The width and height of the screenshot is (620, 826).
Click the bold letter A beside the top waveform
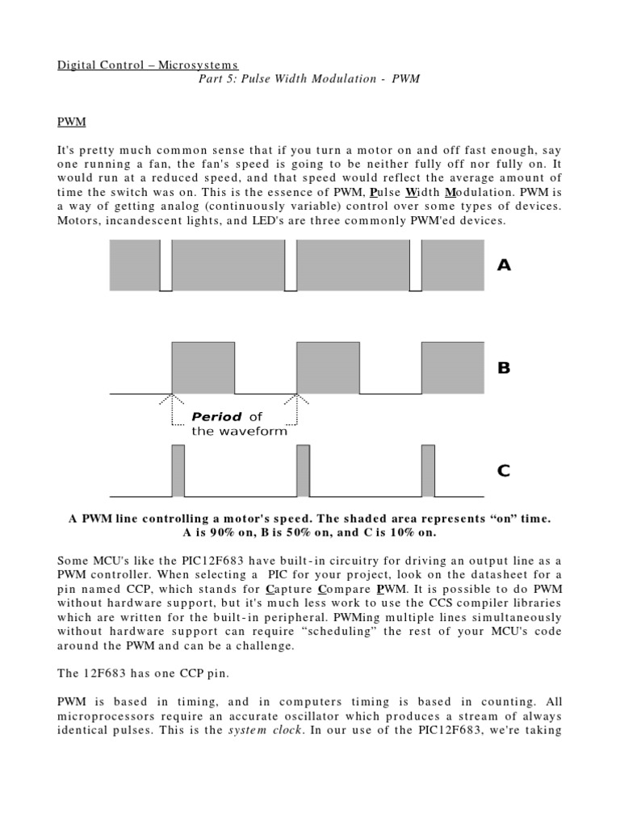coord(504,265)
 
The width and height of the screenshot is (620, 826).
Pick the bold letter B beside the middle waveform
coord(504,369)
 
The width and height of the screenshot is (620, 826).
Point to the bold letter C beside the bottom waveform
coord(504,471)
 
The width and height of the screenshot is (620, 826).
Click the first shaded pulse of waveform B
coord(203,368)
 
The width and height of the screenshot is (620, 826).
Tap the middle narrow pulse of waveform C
coord(303,471)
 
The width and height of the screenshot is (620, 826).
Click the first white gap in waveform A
coord(165,265)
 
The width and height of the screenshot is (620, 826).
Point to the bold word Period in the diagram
coord(216,417)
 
